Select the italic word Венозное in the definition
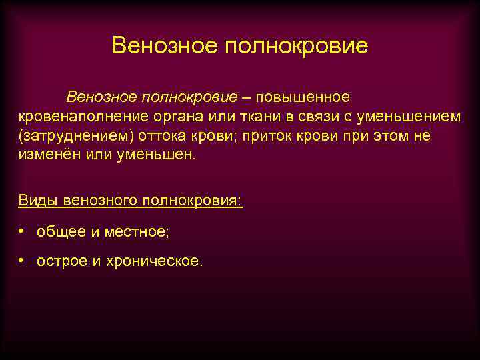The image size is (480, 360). (x=99, y=97)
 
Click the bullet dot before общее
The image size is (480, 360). (x=22, y=231)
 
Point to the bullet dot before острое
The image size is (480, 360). (x=22, y=261)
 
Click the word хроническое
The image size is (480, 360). (x=162, y=261)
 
